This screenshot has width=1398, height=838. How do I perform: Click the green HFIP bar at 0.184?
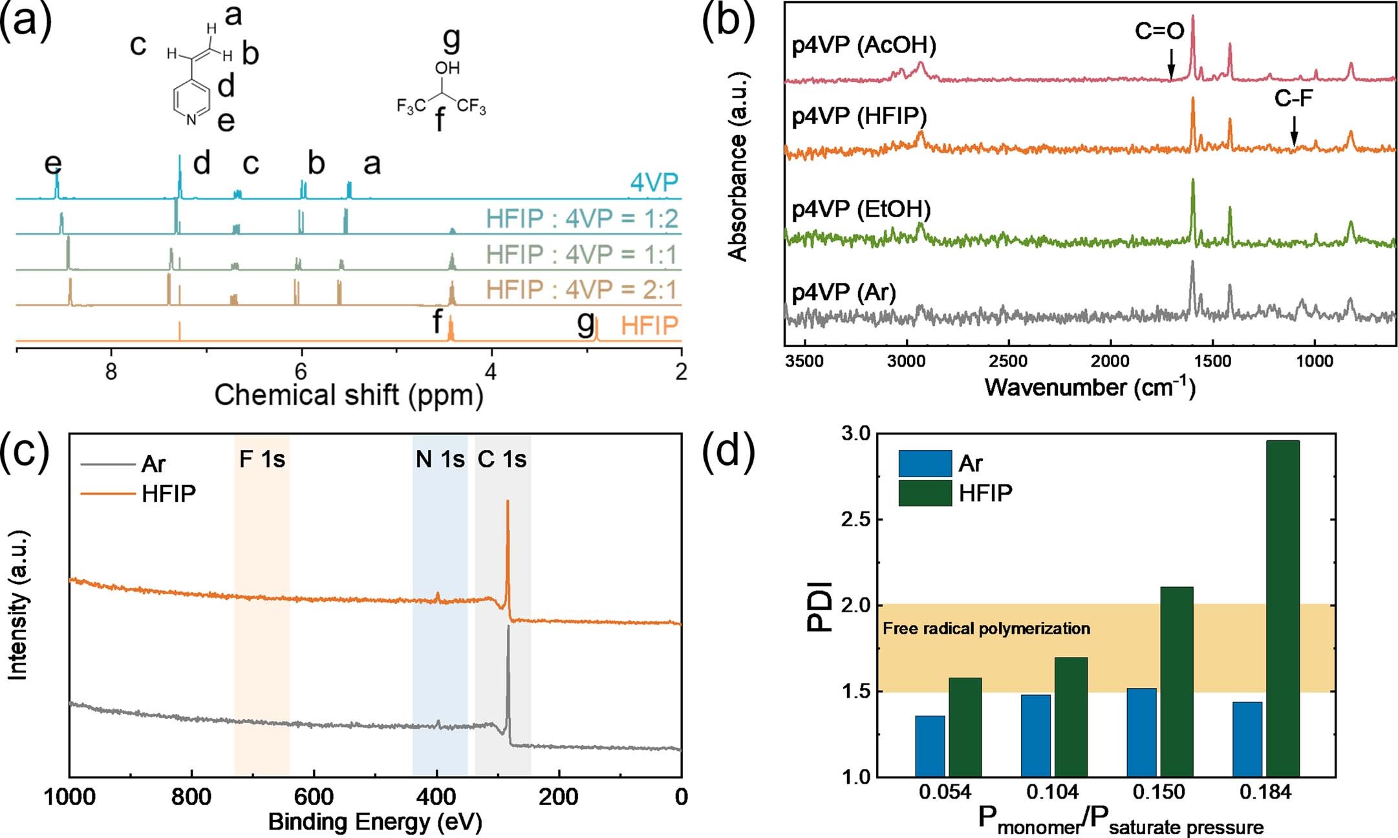(x=1282, y=608)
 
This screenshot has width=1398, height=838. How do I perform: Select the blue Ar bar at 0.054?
(x=930, y=746)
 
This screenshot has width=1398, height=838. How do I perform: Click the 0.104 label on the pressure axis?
(x=1053, y=792)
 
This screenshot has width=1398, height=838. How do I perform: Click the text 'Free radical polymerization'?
(x=986, y=628)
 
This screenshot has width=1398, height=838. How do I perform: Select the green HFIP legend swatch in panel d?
(x=925, y=493)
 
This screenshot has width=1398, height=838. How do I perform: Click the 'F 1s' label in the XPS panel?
(x=262, y=459)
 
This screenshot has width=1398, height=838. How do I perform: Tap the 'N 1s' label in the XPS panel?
(x=440, y=459)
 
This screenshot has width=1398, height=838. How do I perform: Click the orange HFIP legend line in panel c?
(x=107, y=493)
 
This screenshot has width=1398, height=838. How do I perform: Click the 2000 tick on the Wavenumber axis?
(x=1110, y=361)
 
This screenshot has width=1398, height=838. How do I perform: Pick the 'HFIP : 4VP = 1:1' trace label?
(x=581, y=254)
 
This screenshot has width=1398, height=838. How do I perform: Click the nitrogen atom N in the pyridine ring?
(x=191, y=120)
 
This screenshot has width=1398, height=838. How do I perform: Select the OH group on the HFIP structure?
(x=447, y=67)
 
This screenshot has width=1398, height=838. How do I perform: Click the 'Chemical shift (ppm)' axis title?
(x=349, y=395)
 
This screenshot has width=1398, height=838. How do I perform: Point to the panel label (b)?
(x=728, y=22)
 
